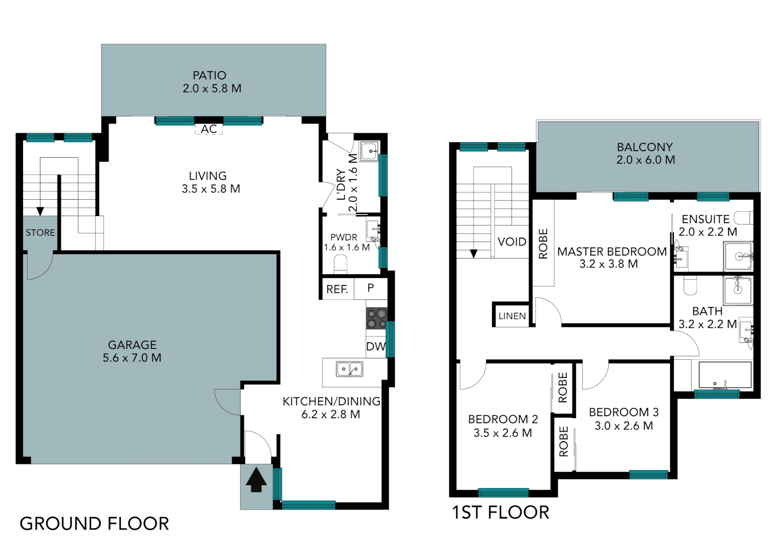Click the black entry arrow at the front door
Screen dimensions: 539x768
[x=256, y=480]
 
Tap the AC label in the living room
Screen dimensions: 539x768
[x=209, y=129]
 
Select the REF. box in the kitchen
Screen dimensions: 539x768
[x=337, y=289]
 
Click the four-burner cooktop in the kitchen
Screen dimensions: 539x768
[x=377, y=318]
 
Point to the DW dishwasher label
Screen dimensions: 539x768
[x=376, y=346]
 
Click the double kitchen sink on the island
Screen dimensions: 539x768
[x=349, y=369]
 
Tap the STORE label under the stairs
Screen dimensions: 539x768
[x=40, y=233]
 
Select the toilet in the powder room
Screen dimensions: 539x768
[x=340, y=264]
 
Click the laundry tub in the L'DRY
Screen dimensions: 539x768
[x=369, y=151]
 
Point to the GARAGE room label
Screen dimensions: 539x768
[x=132, y=345]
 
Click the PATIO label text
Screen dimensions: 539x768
[x=210, y=75]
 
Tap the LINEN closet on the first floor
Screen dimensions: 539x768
[x=512, y=316]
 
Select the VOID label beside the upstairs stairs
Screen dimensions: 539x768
[x=512, y=242]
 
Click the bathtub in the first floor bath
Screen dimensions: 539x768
[x=725, y=376]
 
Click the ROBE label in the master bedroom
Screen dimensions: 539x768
[x=543, y=244]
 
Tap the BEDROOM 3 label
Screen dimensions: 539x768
[x=624, y=412]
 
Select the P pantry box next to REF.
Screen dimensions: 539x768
[x=370, y=288]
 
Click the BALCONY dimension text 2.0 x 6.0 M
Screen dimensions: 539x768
[x=645, y=160]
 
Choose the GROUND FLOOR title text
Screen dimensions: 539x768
[x=94, y=524]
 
